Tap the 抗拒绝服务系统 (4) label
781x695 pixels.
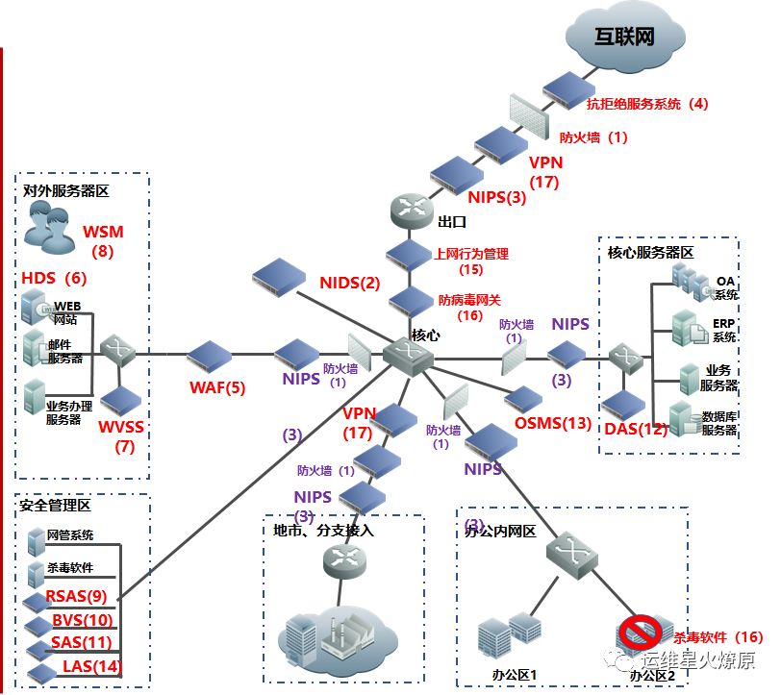click(646, 104)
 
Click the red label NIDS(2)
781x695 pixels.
click(351, 283)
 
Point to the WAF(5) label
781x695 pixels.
click(217, 388)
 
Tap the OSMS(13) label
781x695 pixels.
click(553, 423)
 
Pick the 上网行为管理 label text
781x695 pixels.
click(471, 255)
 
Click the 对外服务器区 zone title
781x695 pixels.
click(66, 191)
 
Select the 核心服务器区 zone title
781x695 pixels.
click(650, 252)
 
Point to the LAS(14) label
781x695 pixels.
click(92, 666)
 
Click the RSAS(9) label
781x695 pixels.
click(76, 597)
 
